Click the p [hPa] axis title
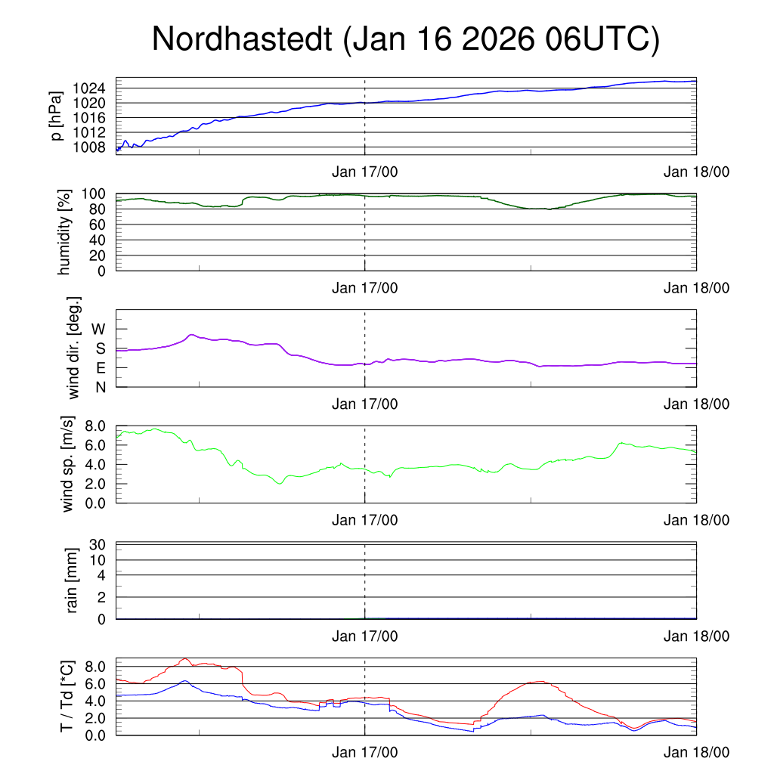[x=56, y=116]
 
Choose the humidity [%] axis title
[x=65, y=232]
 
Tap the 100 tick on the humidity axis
[x=96, y=193]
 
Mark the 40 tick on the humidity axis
[x=101, y=240]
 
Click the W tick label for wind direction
[x=98, y=329]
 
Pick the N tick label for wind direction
[x=101, y=387]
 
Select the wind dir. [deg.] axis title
[x=73, y=348]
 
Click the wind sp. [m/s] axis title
[x=69, y=463]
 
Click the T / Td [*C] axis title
[x=67, y=696]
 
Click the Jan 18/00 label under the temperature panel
[x=696, y=753]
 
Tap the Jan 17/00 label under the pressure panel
[x=364, y=172]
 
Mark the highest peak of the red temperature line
[x=185, y=658]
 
